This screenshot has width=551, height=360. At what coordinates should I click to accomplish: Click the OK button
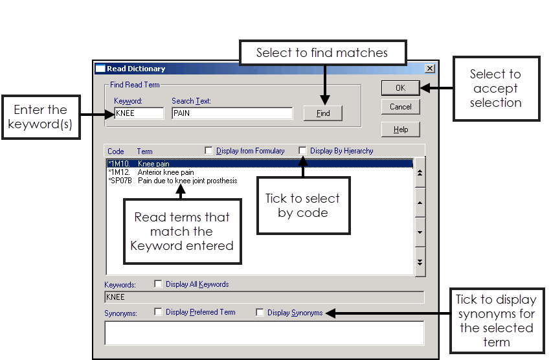pos(400,87)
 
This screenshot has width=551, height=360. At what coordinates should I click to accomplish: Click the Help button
pos(400,129)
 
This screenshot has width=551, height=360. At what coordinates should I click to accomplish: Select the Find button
pos(323,113)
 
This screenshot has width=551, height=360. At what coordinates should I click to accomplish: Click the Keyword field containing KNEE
pos(139,113)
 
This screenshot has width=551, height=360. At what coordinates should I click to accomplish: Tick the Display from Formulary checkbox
pos(208,151)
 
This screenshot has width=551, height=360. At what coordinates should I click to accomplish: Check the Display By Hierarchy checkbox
pos(302,151)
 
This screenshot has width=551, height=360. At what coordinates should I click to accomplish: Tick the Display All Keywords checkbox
pos(158,284)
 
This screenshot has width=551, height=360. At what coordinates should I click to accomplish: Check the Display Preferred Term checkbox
pos(158,312)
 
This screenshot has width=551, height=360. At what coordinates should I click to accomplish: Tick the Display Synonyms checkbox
pos(260,313)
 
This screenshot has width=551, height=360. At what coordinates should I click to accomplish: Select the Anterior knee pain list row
pos(166,172)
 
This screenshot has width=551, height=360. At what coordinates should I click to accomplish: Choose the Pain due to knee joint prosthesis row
pos(187,181)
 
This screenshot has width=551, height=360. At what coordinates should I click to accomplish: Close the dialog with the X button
pos(429,69)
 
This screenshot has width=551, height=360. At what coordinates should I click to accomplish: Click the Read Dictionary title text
pos(136,69)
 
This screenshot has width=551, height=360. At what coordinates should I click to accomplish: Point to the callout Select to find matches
pos(322,52)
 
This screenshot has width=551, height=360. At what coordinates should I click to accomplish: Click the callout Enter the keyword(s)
pos(40,117)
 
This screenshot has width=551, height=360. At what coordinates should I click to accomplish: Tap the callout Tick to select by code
pos(302,205)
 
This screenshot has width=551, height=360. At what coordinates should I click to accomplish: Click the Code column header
pos(116,152)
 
